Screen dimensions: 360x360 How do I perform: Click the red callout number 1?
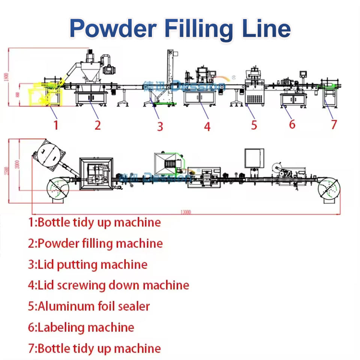pos(56,124)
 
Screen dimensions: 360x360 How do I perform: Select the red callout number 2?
pos(97,124)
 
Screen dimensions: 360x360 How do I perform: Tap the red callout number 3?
pos(160,126)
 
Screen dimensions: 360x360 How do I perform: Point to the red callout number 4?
pos(207,126)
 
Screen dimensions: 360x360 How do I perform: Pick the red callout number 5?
pos(254,124)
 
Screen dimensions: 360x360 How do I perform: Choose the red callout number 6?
pos(292,124)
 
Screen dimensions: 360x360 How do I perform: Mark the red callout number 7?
pos(334,124)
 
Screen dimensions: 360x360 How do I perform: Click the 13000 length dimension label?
pos(185,212)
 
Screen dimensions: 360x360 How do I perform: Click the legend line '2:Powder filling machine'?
pos(95,244)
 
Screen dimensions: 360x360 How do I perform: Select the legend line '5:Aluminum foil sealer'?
pos(89,306)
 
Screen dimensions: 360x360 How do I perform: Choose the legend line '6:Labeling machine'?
pos(81,327)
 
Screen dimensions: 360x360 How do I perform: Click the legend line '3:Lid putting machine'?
pos(88,265)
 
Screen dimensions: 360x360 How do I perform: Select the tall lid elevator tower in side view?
pos(171,75)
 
